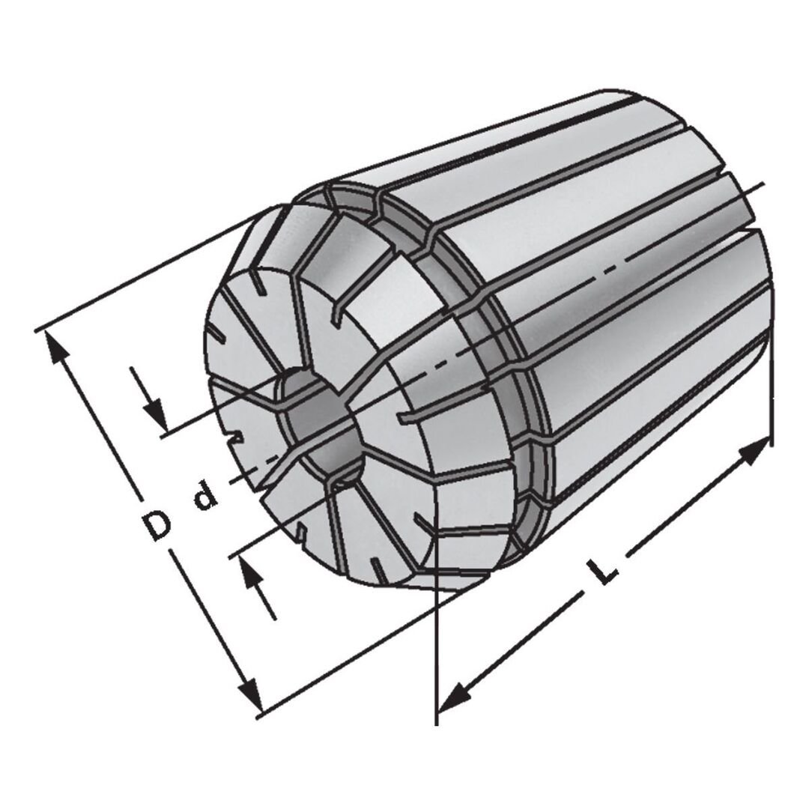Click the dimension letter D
[157, 524]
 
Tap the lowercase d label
[203, 497]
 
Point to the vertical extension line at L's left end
[435, 659]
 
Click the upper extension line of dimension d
[217, 408]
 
